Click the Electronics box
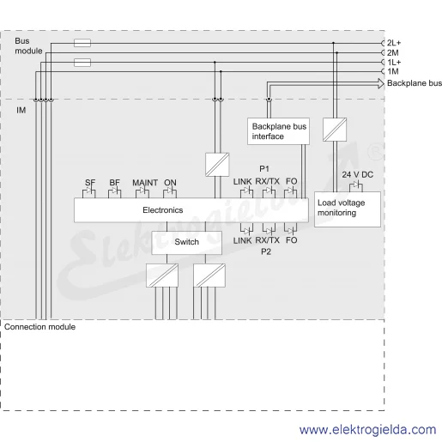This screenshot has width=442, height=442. coord(191,210)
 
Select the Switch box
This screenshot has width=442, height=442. coord(186,243)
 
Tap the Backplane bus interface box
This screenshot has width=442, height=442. coord(278,131)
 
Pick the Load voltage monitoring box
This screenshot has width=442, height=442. coord(348,209)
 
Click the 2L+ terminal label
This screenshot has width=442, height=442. coord(394,43)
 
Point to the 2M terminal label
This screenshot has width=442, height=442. coord(393,52)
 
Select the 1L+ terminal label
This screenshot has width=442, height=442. coord(394,62)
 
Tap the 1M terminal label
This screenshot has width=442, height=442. coord(393,71)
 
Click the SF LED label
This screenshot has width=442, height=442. coord(90,183)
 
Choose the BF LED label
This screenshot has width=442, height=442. coord(114,183)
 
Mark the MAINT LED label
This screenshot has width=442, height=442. coord(145,183)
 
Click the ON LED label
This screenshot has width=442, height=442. coord(170,183)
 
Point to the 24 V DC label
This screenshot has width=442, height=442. coord(358,174)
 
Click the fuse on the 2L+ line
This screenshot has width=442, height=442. coord(82,43)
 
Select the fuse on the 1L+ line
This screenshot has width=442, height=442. coord(82,63)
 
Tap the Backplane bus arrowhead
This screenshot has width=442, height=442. coord(381,83)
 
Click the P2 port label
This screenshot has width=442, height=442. coord(266,251)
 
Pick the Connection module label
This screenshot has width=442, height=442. coord(39,327)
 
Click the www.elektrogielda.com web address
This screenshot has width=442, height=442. coord(368,430)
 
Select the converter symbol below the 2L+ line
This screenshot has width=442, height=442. coord(335,130)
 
